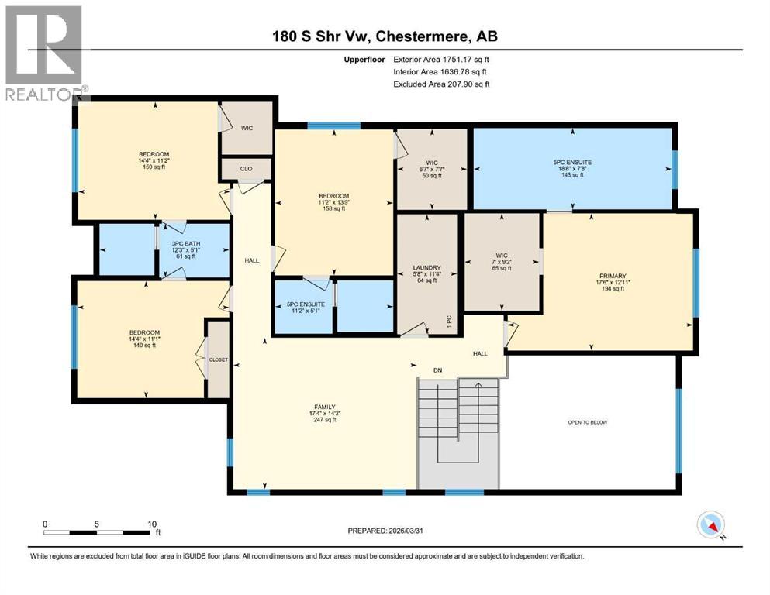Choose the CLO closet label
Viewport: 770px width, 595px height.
pos(247,168)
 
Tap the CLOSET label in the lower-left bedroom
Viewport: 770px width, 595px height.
pos(217,359)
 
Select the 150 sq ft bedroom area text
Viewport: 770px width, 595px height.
pos(148,168)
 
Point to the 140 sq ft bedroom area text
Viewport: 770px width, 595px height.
pos(143,345)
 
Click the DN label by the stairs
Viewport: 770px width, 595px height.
pos(416,370)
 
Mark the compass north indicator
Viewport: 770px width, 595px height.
pos(711,524)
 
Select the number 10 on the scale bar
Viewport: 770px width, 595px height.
pos(152,524)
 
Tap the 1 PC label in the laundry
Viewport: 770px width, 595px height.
pos(450,319)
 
